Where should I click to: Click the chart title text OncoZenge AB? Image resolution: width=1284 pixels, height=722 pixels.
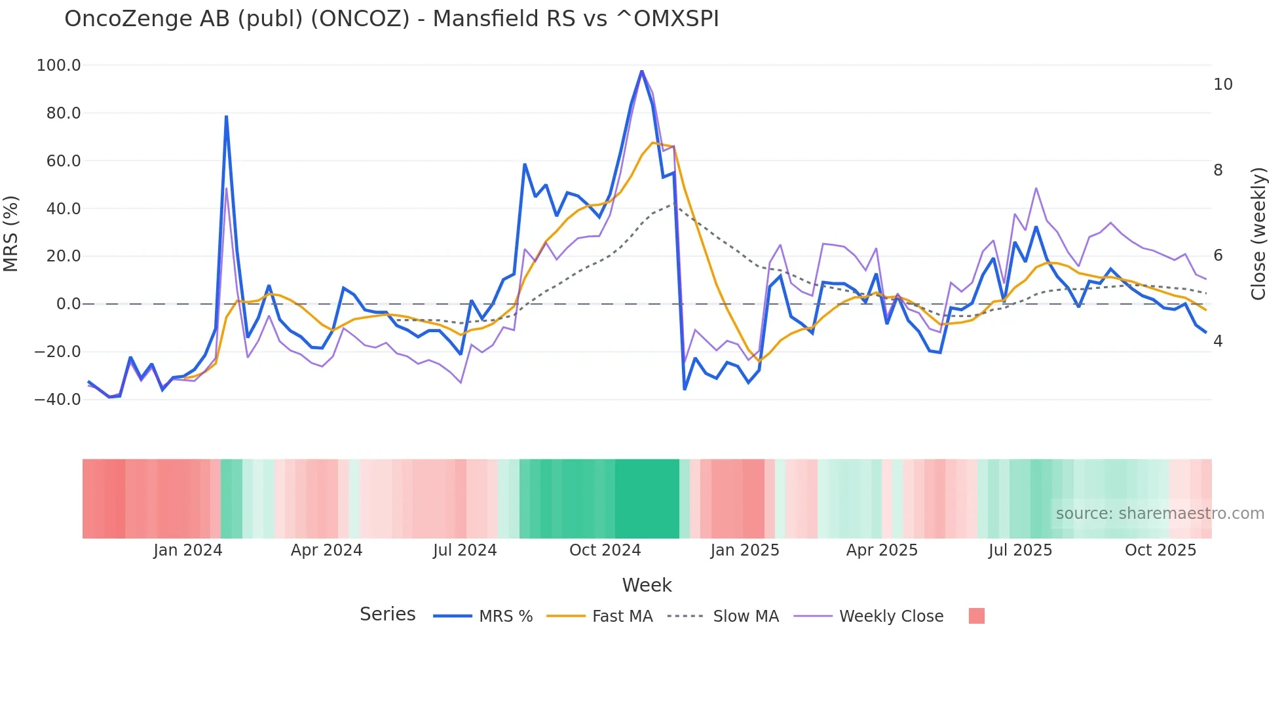click(391, 19)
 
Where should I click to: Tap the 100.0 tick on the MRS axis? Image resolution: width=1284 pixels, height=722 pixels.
click(59, 66)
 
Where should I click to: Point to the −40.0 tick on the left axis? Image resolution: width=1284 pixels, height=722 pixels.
click(58, 400)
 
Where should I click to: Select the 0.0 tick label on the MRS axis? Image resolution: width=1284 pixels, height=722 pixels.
click(68, 304)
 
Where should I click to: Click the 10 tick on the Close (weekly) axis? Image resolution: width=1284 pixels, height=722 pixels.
click(1222, 85)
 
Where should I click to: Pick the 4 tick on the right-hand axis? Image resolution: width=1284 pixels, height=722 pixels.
click(1218, 341)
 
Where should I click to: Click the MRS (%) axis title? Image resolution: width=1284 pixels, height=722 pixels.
click(11, 233)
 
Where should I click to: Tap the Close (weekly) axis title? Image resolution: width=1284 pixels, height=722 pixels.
click(1258, 233)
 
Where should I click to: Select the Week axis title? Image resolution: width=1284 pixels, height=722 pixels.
click(647, 585)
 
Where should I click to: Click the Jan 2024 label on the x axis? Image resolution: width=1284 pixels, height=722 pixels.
click(188, 550)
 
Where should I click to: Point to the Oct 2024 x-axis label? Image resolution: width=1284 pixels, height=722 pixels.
click(605, 550)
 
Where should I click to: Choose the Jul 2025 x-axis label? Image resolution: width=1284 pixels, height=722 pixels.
click(1020, 550)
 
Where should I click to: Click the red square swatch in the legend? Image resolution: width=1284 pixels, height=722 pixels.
click(976, 616)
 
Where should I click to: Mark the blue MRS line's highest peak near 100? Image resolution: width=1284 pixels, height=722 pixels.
click(641, 71)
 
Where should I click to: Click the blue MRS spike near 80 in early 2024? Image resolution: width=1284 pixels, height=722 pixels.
click(226, 117)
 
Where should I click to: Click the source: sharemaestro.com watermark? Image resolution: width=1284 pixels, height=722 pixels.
click(1160, 514)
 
